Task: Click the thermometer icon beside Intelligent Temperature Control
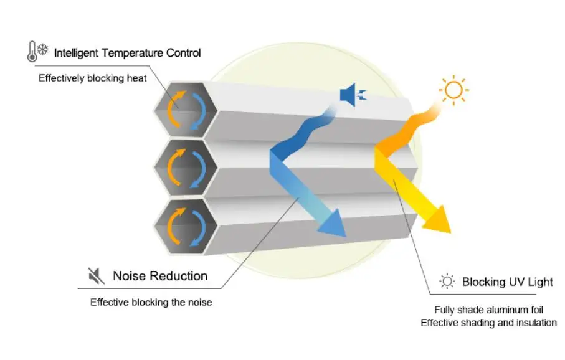31,52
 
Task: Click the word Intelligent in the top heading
77,53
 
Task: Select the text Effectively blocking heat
92,78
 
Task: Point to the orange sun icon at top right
453,91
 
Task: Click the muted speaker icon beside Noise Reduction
95,275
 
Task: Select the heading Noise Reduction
160,275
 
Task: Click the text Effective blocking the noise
151,303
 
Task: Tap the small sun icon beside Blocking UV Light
447,282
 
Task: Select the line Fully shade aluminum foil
489,310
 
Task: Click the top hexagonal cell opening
184,111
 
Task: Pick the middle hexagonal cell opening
184,167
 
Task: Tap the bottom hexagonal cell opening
184,225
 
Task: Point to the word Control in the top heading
184,53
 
